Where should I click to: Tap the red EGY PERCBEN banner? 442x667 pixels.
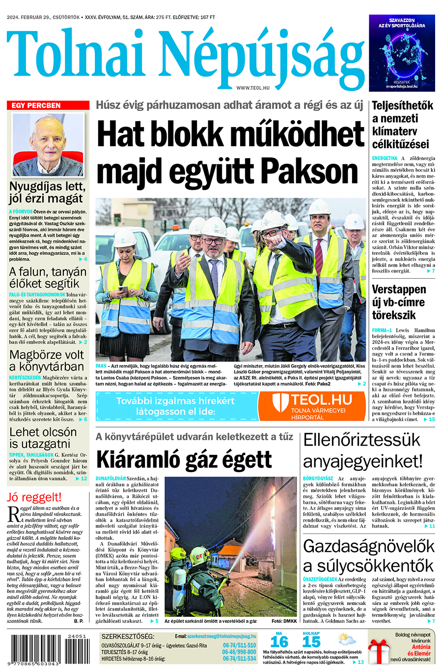coord(48,106)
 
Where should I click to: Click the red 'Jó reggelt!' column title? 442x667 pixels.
coord(34,497)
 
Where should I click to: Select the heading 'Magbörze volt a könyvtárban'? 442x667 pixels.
coord(47,360)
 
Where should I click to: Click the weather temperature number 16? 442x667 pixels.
coord(279,641)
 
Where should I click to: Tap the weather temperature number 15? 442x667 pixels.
coord(311,641)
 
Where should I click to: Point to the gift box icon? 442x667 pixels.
coord(378,651)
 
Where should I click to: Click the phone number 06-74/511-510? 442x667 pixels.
coord(239,645)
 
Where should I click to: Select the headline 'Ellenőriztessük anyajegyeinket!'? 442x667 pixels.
coord(362,450)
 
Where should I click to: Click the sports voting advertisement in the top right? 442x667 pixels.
coord(402,53)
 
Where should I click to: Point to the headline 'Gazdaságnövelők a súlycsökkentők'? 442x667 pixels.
coord(368,556)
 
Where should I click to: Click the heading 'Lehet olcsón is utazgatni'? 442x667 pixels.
coord(43,438)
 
